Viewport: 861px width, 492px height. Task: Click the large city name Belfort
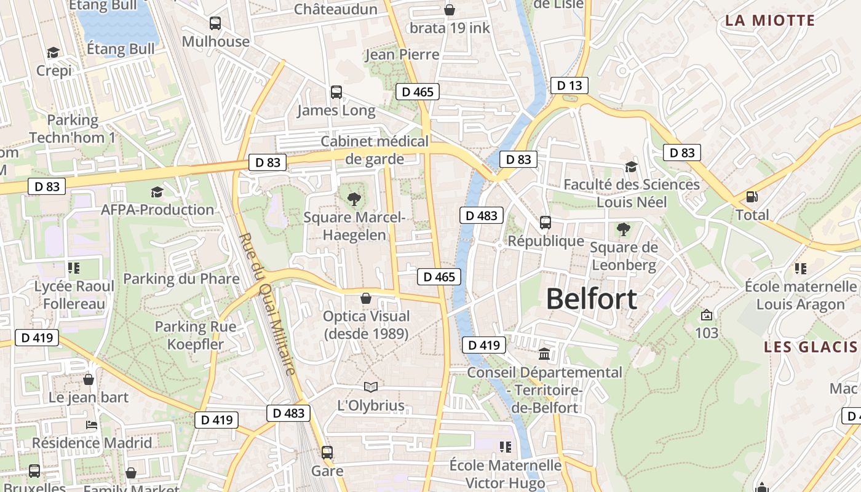coord(591,300)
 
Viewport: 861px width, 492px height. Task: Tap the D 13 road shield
coord(569,85)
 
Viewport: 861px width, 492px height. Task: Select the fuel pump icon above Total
coord(752,197)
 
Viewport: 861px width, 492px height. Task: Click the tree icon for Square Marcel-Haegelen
coord(354,199)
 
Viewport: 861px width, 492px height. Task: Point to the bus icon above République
coord(545,223)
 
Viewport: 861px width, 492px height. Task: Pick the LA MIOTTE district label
coord(769,20)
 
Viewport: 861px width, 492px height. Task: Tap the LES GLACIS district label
coord(811,347)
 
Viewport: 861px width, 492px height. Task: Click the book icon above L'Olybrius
coord(370,387)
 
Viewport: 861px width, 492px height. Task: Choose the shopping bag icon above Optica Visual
coord(366,298)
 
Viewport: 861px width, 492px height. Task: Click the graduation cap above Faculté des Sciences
coord(631,167)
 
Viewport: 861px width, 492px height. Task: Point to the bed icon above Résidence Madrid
coord(92,424)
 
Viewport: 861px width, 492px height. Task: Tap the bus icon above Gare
coord(327,453)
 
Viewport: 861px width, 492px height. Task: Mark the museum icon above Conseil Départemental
coord(544,354)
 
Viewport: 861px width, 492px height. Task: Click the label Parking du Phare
coord(181,279)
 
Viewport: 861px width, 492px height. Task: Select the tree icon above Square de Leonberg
coord(623,229)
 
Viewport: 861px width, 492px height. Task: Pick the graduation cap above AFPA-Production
coord(157,192)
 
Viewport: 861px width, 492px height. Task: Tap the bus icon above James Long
coord(336,92)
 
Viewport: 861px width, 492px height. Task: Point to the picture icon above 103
coord(707,315)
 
